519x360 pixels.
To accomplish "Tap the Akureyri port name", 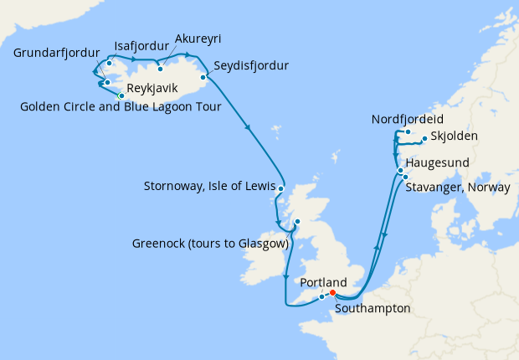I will pos(198,39).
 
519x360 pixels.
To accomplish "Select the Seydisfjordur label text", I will pos(251,65).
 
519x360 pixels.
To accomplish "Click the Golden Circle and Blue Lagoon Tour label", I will pos(120,106).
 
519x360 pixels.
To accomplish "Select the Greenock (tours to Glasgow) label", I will pos(210,244).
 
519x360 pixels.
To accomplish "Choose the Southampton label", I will pos(373,308).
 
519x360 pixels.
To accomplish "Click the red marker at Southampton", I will pos(333,293).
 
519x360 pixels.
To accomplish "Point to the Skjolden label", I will pos(454,138).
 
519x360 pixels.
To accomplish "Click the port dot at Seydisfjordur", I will pos(204,76).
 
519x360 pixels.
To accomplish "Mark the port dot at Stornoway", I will pos(280,189).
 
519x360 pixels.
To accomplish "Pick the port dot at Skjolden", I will pos(424,139).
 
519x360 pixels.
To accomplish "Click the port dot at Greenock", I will pos(296,222).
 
